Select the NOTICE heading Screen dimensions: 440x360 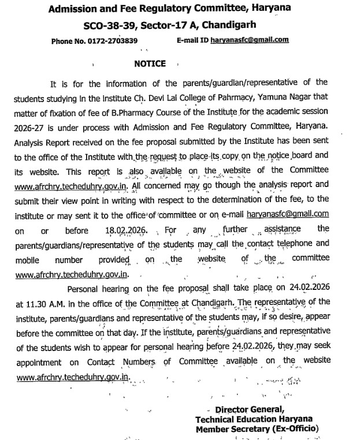(x=150, y=64)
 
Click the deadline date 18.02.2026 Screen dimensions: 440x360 (x=126, y=230)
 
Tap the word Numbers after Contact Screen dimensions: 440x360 (x=140, y=362)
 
